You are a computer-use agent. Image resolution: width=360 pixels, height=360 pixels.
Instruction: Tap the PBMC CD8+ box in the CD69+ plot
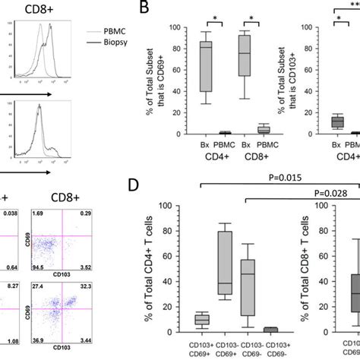(x=264, y=129)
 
